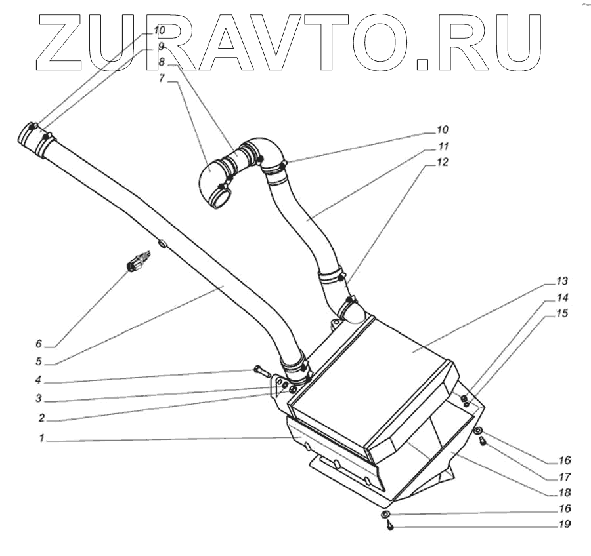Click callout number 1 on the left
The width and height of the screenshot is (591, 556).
pos(41,439)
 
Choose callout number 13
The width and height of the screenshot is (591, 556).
pos(560,281)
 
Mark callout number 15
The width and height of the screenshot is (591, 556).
pos(560,314)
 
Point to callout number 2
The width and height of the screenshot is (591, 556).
pos(40,417)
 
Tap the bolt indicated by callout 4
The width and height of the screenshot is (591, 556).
pos(261,372)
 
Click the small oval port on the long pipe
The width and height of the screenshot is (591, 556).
pos(163,244)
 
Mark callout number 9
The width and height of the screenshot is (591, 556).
pos(160,47)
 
